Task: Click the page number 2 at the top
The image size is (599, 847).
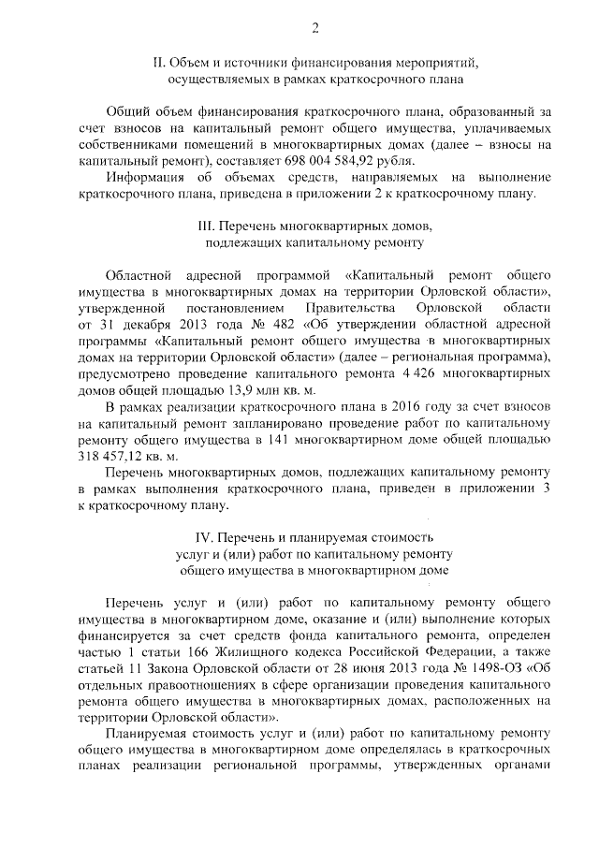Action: tap(314, 28)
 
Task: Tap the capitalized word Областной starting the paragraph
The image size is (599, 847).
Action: tap(140, 276)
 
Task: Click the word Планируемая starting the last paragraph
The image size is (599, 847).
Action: tap(153, 733)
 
